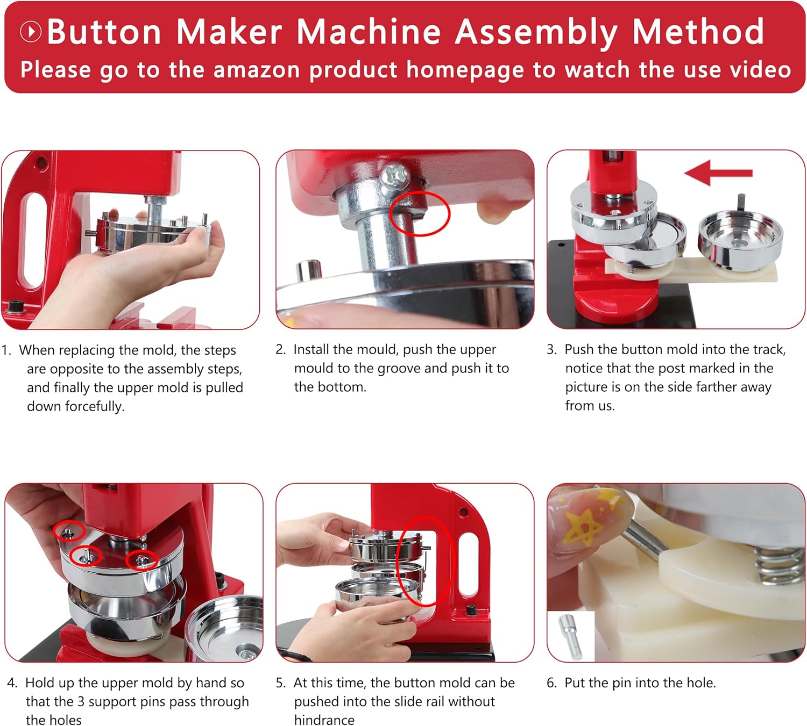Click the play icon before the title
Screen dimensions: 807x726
tap(31, 31)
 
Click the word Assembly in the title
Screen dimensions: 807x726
tap(537, 33)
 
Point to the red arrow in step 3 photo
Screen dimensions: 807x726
tap(718, 173)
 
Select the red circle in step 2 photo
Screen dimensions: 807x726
tap(420, 214)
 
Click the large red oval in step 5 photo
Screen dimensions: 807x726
tap(425, 561)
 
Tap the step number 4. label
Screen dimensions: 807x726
tap(12, 683)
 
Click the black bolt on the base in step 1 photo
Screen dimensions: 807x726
tap(16, 306)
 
